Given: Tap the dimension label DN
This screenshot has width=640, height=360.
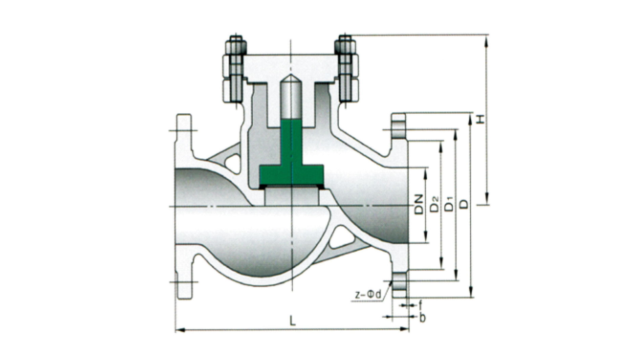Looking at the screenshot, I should pyautogui.click(x=419, y=204).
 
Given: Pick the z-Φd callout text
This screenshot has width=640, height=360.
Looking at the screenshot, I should pyautogui.click(x=368, y=295).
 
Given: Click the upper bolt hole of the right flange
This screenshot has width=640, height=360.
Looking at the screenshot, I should pyautogui.click(x=399, y=130).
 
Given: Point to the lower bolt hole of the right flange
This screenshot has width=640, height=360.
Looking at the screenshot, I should pyautogui.click(x=399, y=281).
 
